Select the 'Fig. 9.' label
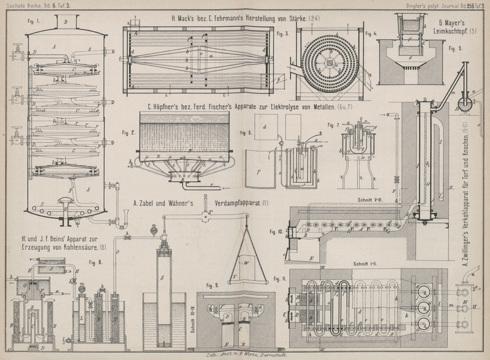click(x=213, y=286)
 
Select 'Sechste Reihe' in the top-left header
click(x=23, y=5)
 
